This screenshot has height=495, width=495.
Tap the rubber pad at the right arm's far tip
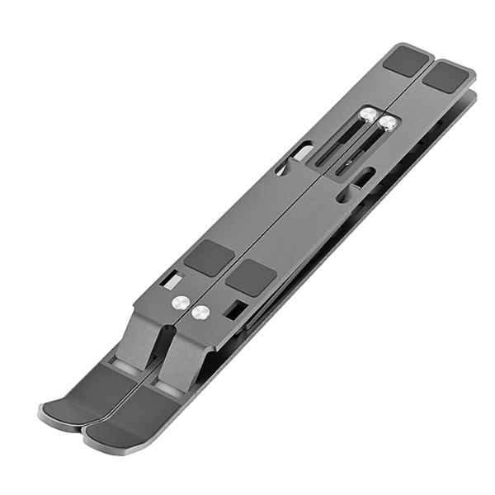(x=447, y=77)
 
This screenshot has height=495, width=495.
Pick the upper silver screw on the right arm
(x=389, y=124)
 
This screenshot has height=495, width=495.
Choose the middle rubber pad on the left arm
(x=208, y=257)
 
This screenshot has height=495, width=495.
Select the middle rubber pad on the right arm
(x=249, y=278)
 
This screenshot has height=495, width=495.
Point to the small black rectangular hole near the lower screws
(x=235, y=310)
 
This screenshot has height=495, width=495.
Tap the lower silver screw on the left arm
(x=181, y=303)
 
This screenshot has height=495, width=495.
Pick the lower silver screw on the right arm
(x=200, y=313)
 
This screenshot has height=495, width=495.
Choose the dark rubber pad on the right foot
(x=132, y=412)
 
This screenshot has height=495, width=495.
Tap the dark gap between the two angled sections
(x=160, y=346)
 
